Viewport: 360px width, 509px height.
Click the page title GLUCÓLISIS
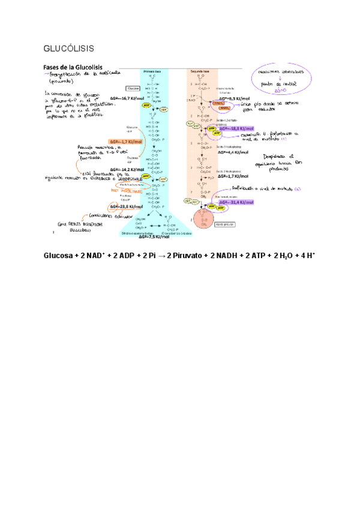click(x=69, y=47)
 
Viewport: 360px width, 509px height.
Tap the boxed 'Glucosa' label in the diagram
click(x=133, y=87)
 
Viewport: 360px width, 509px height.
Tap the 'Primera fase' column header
click(x=151, y=71)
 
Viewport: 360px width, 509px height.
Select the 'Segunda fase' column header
click(x=200, y=71)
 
